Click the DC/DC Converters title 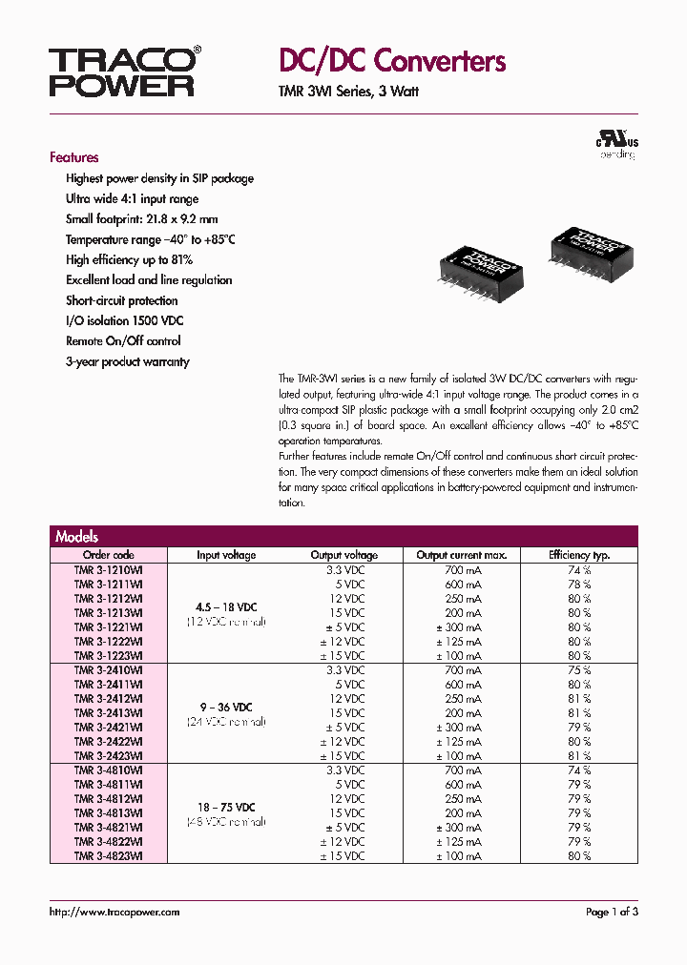pos(391,62)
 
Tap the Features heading pos(73,157)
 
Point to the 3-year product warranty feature pos(127,361)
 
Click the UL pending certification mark pos(617,144)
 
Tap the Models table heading pos(76,536)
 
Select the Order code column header pos(109,555)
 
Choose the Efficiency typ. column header pos(578,555)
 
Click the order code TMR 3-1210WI pos(109,569)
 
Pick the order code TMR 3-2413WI pos(109,713)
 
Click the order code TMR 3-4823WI pos(109,856)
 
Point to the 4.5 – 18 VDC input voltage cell pos(226,606)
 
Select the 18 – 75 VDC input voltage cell pos(226,807)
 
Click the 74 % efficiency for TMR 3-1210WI pos(578,569)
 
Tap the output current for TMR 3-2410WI pos(462,670)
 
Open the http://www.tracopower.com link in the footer pos(114,913)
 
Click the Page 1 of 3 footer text pos(611,913)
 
